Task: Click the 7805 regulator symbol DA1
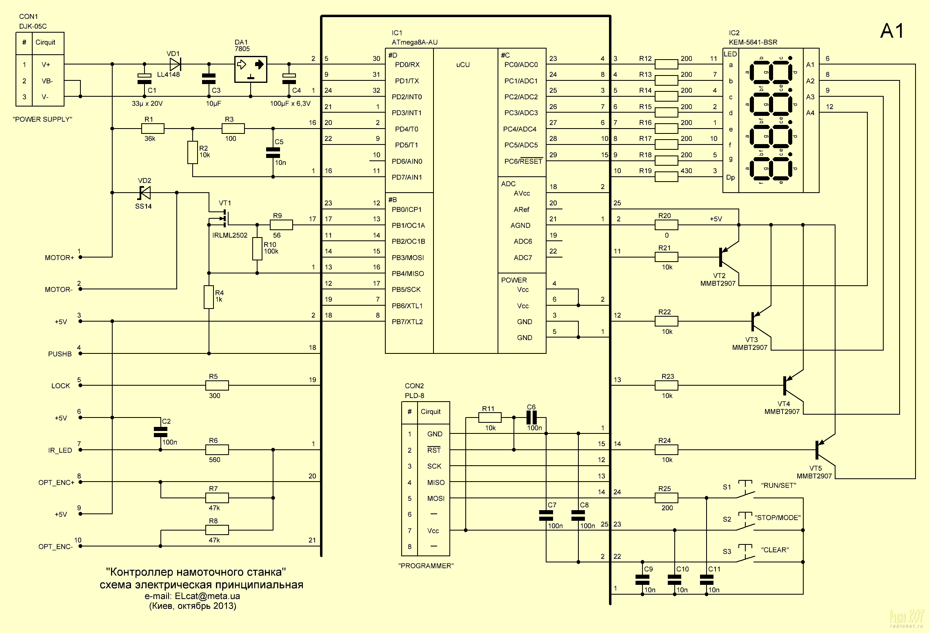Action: (x=251, y=69)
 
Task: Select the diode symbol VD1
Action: (x=176, y=64)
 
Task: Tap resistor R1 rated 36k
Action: (x=153, y=129)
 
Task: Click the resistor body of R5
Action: (x=217, y=385)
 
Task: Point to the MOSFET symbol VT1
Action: (x=223, y=218)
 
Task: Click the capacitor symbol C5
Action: (x=273, y=153)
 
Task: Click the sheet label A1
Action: (x=892, y=31)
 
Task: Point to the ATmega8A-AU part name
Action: (x=414, y=42)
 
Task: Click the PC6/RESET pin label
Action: (x=523, y=161)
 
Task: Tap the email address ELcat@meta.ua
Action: (x=207, y=596)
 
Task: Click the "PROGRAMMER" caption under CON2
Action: (x=426, y=566)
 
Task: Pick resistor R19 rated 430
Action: (x=666, y=176)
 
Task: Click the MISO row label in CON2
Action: (x=436, y=482)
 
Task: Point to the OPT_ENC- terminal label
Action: (x=56, y=546)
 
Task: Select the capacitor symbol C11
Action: (x=707, y=580)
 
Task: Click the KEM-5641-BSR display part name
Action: (x=753, y=42)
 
